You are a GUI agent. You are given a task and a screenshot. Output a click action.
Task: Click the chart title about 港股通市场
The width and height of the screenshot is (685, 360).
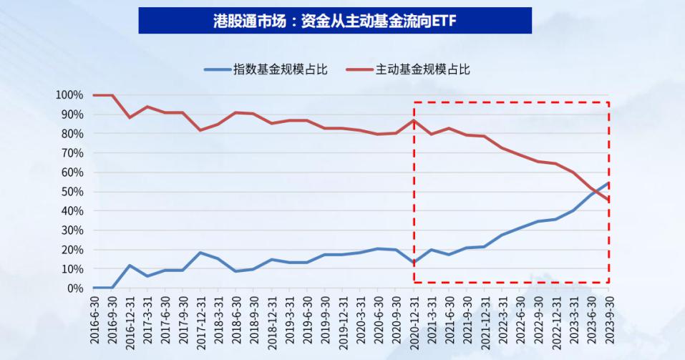[x=334, y=21]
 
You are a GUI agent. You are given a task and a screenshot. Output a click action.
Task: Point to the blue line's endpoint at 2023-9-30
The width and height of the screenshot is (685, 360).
[x=608, y=183]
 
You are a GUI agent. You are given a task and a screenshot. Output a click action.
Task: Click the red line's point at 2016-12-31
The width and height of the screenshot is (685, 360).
[x=130, y=117]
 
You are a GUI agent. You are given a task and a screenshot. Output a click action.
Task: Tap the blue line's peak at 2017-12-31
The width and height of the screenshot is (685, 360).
[x=200, y=253]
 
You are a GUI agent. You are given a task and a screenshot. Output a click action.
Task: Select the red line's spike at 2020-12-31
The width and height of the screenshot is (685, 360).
[x=414, y=120]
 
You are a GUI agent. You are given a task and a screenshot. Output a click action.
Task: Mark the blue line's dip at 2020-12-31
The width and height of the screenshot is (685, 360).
[x=414, y=263]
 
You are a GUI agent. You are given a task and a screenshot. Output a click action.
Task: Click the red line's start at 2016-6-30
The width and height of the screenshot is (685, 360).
[x=94, y=95]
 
